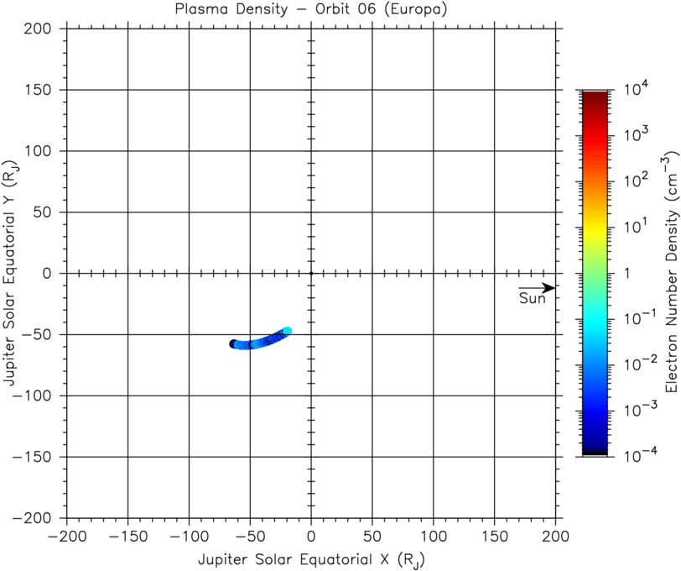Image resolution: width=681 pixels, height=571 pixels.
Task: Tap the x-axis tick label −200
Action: tap(67, 536)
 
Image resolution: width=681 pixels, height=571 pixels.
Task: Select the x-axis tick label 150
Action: tap(494, 536)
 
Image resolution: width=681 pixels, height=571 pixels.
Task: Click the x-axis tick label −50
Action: tap(250, 536)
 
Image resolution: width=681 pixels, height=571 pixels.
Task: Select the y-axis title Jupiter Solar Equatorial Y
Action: tap(12, 273)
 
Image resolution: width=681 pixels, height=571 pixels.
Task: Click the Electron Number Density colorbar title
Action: tap(670, 273)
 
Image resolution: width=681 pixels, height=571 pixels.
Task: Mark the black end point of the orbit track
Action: tap(234, 343)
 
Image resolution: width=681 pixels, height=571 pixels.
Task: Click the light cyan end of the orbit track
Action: tap(287, 331)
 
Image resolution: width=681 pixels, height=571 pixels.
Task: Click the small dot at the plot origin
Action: tap(311, 273)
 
